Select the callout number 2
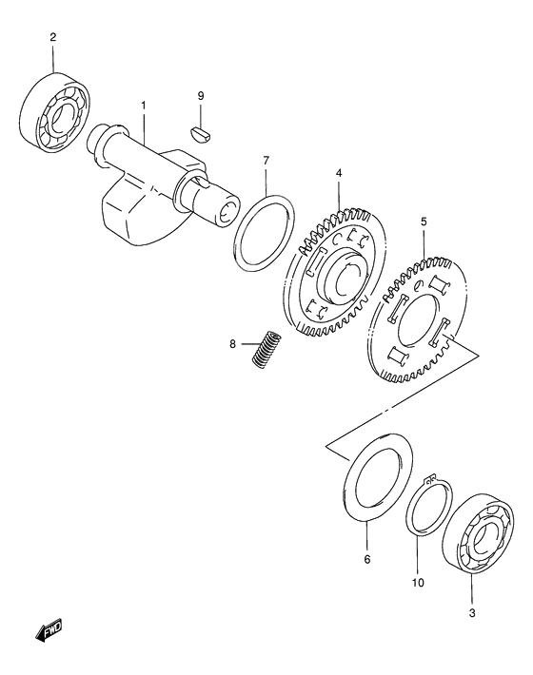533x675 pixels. click(x=53, y=38)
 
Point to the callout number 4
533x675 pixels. click(x=338, y=174)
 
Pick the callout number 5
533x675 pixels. click(x=424, y=223)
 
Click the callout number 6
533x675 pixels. click(x=365, y=559)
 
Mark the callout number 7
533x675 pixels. click(x=266, y=161)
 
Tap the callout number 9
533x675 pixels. click(x=201, y=96)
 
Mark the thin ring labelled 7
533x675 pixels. click(x=258, y=230)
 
